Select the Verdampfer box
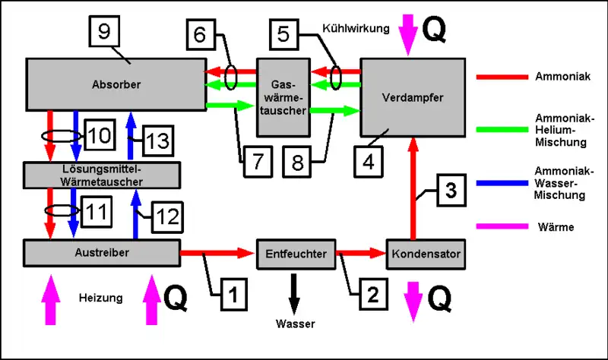coord(411,97)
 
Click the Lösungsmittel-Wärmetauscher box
coord(103,175)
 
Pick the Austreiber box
coord(103,251)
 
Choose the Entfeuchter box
coord(296,254)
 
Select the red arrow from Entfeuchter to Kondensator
coord(361,253)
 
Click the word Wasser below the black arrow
coord(296,324)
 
